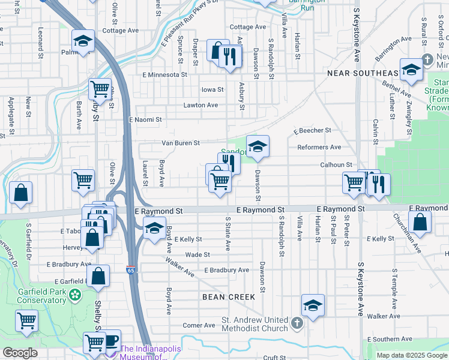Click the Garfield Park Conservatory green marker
pyautogui.click(x=74, y=295)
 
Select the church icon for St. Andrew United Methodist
pyautogui.click(x=297, y=324)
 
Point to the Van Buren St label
pyautogui.click(x=180, y=143)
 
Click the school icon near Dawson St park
pyautogui.click(x=258, y=146)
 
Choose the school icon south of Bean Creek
pyautogui.click(x=313, y=305)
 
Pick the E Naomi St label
pyautogui.click(x=145, y=119)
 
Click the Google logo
pyautogui.click(x=20, y=352)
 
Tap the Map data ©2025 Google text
pyautogui.click(x=411, y=355)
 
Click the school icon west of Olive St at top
pyautogui.click(x=83, y=40)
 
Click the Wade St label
pyautogui.click(x=197, y=254)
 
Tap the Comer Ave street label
pyautogui.click(x=199, y=325)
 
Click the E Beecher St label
pyautogui.click(x=312, y=130)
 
